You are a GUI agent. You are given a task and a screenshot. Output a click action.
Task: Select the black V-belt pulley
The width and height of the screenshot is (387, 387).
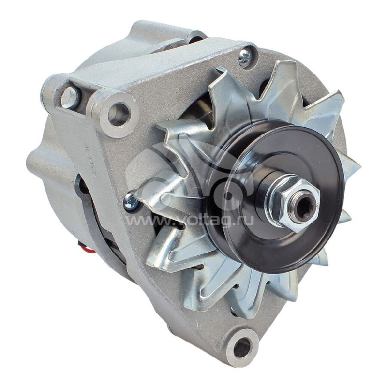[x=252, y=160]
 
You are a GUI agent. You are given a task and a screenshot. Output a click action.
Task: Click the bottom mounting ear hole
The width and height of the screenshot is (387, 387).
[x=242, y=347]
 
